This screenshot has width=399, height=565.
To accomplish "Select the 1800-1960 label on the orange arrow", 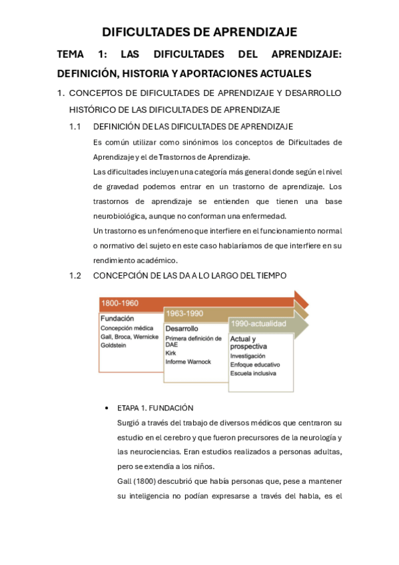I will (120, 303).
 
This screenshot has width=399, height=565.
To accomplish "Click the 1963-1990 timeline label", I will (185, 312).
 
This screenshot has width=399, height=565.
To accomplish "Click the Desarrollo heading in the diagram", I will (182, 328).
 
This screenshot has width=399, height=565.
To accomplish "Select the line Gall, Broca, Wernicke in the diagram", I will (129, 337).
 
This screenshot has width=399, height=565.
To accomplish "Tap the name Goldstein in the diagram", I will (115, 346).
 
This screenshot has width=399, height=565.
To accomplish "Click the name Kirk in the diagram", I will (171, 353).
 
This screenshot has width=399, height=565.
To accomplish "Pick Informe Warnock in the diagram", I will (188, 362).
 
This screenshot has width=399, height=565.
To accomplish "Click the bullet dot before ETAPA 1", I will (107, 408).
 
